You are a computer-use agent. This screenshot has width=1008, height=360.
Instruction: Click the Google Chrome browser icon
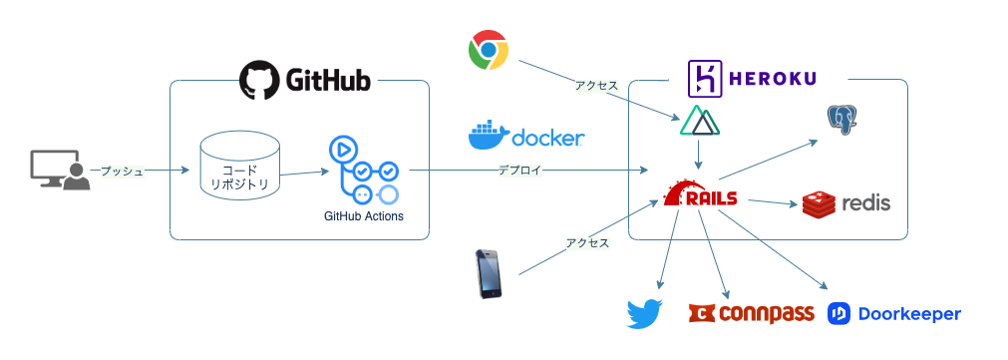[489, 50]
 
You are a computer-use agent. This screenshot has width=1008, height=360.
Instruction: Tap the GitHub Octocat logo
[258, 81]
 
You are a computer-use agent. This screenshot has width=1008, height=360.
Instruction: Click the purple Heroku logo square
[705, 79]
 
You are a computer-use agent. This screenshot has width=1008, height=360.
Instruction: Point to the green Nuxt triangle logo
[700, 121]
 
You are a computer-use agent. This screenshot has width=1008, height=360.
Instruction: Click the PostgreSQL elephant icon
[842, 121]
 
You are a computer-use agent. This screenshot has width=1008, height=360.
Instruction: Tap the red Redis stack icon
[819, 203]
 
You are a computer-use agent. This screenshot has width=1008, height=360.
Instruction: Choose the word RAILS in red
[712, 198]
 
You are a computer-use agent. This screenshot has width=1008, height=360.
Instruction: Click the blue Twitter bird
[645, 314]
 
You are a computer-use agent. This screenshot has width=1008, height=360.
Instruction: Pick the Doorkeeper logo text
[909, 314]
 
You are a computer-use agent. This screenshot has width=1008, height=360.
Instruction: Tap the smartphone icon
[489, 274]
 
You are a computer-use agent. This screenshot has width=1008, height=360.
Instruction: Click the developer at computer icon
[60, 171]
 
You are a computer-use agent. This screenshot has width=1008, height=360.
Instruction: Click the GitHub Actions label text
[364, 216]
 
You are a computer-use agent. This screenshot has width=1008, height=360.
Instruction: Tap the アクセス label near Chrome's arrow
[596, 85]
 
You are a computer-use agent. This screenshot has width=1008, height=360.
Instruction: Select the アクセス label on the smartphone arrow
[587, 243]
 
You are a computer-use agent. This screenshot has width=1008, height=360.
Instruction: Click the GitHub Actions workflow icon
[363, 171]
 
